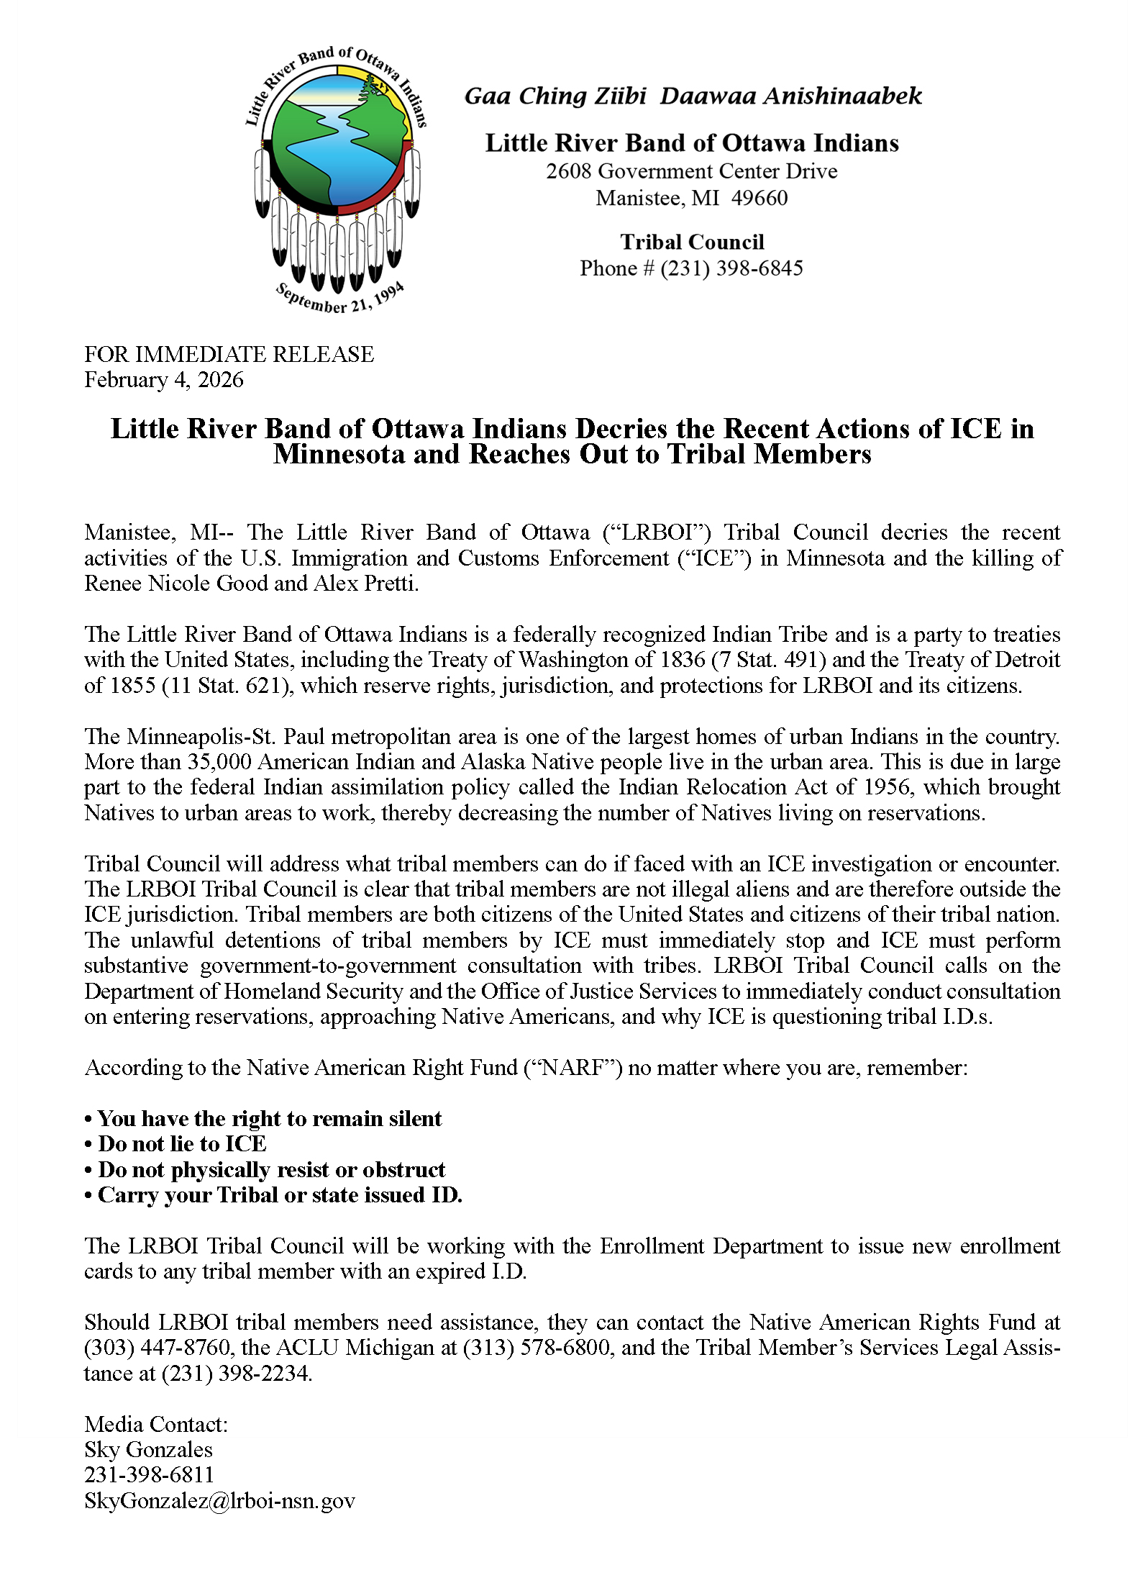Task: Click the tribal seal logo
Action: tap(337, 180)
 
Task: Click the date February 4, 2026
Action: tap(164, 380)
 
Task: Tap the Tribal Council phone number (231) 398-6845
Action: tap(731, 268)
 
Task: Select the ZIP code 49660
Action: tap(759, 198)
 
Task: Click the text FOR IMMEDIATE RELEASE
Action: tap(229, 354)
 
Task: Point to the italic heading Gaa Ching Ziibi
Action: tap(555, 96)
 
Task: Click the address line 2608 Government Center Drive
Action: tap(691, 171)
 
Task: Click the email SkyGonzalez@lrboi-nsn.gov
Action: tap(219, 1500)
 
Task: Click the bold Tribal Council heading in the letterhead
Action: tap(692, 242)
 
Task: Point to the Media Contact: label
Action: tap(156, 1424)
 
